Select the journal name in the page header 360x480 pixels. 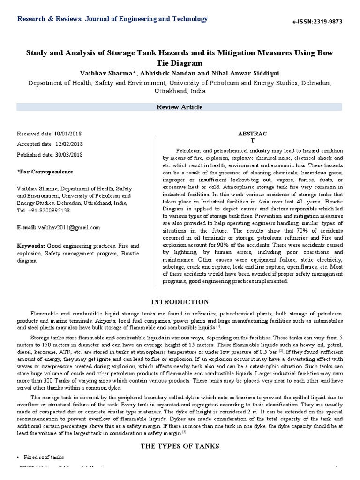pyautogui.click(x=112, y=19)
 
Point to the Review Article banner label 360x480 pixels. pyautogui.click(x=180, y=107)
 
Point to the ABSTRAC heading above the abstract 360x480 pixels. pyautogui.click(x=253, y=134)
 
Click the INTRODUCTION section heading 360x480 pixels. pyautogui.click(x=180, y=302)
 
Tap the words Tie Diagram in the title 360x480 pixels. pyautogui.click(x=180, y=62)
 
